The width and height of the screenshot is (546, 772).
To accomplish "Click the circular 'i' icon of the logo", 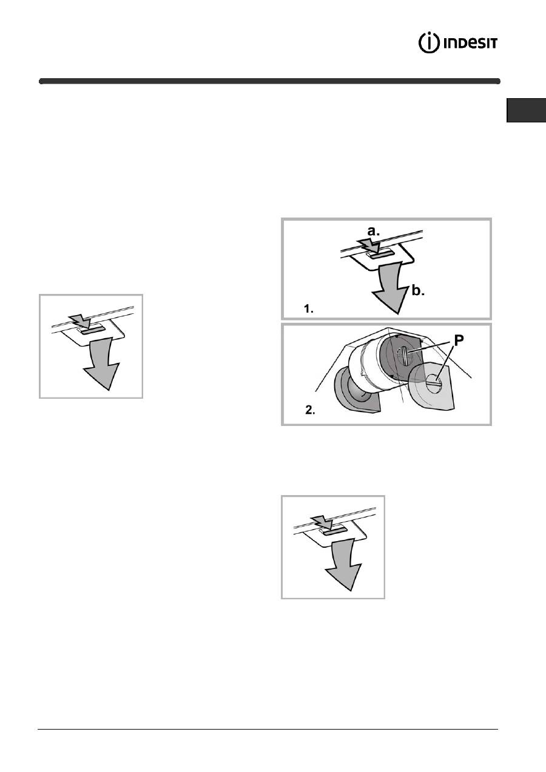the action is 429,43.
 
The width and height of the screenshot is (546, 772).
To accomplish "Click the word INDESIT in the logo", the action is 470,44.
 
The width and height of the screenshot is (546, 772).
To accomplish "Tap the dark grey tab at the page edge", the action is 527,110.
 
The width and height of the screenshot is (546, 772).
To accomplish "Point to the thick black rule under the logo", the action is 269,81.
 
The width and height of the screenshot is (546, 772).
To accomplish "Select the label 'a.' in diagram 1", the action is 373,231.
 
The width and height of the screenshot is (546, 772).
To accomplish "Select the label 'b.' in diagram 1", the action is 418,291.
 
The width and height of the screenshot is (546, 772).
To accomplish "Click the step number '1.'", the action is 309,309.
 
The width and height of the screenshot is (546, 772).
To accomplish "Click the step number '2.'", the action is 310,410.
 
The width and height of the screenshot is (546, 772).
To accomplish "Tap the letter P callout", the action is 459,341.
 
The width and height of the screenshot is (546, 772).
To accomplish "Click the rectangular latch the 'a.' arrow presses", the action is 380,254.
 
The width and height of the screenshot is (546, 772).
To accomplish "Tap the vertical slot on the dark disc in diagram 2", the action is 405,357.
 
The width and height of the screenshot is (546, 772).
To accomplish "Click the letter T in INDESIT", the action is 493,44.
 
